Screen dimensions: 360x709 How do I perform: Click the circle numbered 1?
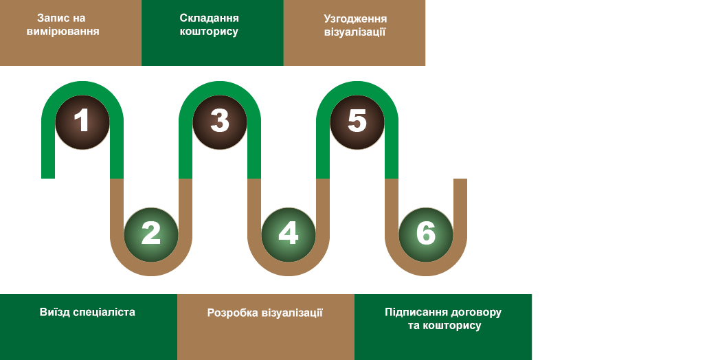tap(82, 122)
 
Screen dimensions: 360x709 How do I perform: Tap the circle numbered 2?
tap(151, 234)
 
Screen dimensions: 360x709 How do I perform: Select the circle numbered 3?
tap(220, 122)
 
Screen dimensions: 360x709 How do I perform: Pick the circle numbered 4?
tap(289, 234)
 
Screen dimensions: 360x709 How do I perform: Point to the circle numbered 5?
tap(357, 122)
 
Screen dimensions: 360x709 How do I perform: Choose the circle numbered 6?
tap(426, 234)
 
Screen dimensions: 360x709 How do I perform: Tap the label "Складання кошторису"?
tap(209, 25)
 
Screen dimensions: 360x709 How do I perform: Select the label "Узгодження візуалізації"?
tap(354, 25)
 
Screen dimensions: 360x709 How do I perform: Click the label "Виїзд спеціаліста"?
tap(87, 312)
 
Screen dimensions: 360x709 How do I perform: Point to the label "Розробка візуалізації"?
tap(265, 313)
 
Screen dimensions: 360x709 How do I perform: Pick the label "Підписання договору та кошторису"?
tap(443, 319)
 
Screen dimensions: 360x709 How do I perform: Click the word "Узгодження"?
tap(354, 19)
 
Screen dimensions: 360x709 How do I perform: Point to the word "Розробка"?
tap(233, 313)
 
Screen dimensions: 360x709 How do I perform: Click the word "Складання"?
tap(209, 19)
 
